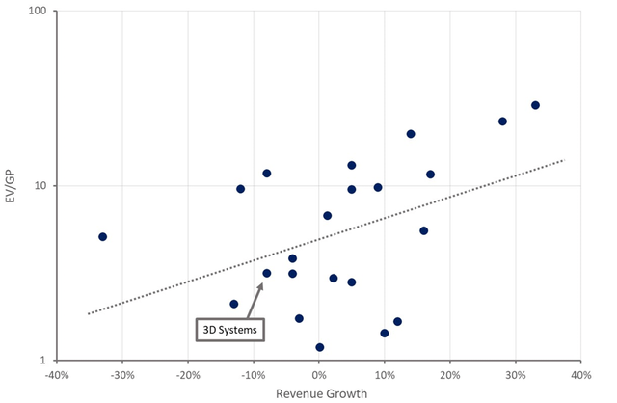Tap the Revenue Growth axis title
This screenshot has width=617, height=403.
(x=319, y=393)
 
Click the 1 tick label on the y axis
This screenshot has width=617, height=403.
(x=48, y=361)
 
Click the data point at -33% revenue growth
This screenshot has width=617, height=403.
(x=102, y=236)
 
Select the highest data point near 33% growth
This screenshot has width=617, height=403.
(x=535, y=105)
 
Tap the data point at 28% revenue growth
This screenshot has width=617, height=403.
(x=502, y=121)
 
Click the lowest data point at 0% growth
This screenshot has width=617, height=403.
(x=319, y=347)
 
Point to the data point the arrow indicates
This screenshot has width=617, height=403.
(x=267, y=273)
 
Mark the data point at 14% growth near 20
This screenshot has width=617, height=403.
(x=411, y=134)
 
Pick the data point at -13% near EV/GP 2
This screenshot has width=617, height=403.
(x=234, y=304)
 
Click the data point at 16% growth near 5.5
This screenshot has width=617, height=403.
(x=423, y=230)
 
